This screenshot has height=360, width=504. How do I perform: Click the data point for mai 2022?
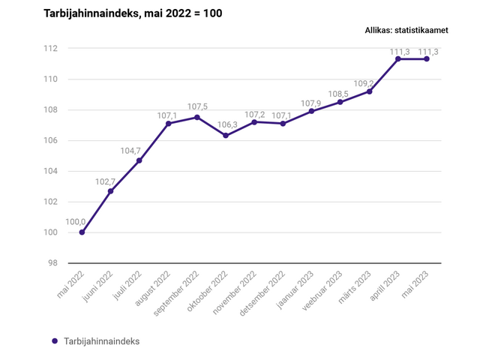(x=82, y=232)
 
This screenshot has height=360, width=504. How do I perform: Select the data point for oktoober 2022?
(x=226, y=136)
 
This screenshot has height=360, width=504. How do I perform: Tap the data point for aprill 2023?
(x=398, y=58)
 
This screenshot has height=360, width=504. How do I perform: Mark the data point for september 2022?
(x=197, y=117)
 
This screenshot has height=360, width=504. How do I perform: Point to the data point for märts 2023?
(x=370, y=91)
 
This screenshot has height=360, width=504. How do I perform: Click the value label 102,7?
(x=105, y=181)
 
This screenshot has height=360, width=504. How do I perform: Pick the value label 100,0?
(x=76, y=222)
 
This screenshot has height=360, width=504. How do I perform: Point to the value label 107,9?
(x=310, y=103)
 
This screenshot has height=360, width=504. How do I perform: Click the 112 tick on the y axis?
(x=50, y=49)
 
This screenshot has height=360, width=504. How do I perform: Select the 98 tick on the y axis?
(x=52, y=263)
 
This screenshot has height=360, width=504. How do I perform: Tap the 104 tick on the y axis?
(x=50, y=171)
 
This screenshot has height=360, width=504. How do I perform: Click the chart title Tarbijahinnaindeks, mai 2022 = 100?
(x=133, y=13)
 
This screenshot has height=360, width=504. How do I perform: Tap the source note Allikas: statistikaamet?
(x=406, y=31)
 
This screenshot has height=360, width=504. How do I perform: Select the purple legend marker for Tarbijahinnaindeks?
(x=55, y=341)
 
